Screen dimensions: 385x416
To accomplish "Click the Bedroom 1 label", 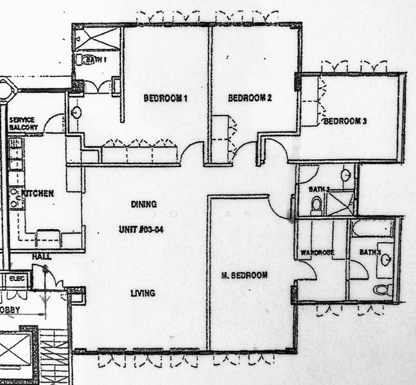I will (165, 99).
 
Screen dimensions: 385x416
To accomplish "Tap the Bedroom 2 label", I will (250, 98).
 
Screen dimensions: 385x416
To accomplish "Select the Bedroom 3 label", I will (345, 121).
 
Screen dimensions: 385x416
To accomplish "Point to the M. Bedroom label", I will (244, 275).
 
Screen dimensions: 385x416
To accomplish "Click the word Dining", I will (144, 205).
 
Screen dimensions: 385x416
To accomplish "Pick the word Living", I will (143, 293).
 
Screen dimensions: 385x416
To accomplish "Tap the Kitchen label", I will (37, 193).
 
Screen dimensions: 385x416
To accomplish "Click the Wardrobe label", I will (317, 253).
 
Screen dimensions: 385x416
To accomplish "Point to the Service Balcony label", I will (24, 124).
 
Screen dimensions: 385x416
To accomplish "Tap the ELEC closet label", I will (17, 279).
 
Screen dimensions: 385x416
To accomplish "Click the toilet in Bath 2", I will (316, 205).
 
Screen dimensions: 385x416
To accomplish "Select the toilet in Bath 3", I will (383, 289).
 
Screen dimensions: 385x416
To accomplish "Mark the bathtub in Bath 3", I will (372, 228).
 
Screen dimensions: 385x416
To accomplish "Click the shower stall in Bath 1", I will (98, 38).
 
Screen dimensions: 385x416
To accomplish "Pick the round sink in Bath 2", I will (345, 175).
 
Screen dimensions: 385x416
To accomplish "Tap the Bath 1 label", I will (95, 60).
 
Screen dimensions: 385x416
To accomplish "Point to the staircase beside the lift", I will (54, 356).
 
